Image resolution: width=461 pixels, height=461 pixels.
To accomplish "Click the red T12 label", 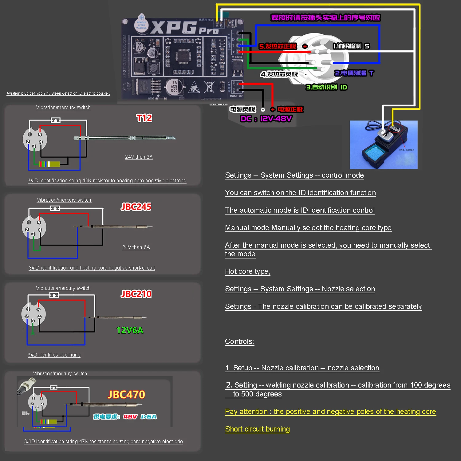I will tap(144, 118).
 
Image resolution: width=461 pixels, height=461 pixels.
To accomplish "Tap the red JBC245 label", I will tap(136, 207).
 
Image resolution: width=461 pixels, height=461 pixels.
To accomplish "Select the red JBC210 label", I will tap(136, 294).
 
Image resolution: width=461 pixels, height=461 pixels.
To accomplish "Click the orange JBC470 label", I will tap(126, 395).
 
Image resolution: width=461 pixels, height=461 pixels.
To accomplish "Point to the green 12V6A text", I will tap(130, 330).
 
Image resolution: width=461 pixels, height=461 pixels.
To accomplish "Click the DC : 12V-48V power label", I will tap(266, 119).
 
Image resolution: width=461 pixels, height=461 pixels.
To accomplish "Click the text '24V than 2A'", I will tap(139, 157).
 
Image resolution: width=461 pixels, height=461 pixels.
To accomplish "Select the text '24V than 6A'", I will tap(136, 247).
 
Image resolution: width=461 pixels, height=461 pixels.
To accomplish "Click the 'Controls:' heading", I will tap(239, 341).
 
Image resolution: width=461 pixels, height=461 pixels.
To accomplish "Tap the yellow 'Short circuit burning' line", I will tap(257, 429).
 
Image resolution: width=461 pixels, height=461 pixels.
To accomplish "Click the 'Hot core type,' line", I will tap(247, 271).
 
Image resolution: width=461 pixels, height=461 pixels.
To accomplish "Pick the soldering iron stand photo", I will tap(384, 144).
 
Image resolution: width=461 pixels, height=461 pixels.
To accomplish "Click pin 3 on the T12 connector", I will tap(34, 146).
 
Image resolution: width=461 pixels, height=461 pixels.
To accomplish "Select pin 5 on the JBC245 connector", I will tap(39, 223).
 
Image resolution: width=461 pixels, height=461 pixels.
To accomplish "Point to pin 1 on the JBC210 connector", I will tap(28, 309).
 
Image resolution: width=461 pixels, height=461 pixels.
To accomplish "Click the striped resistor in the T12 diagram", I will tap(49, 164).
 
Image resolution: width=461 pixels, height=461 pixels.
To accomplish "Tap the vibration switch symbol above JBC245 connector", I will tap(55, 208).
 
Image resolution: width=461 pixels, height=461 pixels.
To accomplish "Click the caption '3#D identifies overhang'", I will tap(54, 355).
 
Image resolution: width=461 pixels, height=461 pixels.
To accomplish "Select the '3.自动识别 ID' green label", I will tap(326, 87).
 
